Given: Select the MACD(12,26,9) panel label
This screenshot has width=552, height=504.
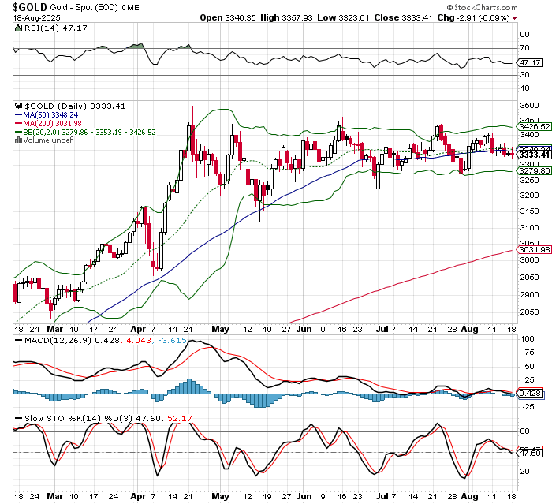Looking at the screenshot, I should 43,340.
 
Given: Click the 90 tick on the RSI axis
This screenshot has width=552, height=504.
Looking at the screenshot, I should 524,35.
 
